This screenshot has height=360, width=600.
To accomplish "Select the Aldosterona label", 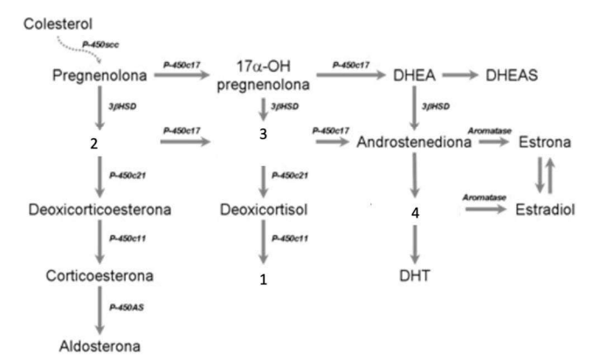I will point(101,344).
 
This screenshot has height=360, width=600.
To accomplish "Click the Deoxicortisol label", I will point(263,211).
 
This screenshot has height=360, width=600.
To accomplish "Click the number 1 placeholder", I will point(263,280).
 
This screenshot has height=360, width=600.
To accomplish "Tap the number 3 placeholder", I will point(263,136).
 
